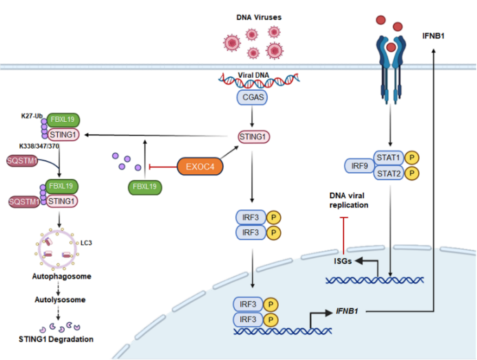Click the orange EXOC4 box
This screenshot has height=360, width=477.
(x=200, y=167)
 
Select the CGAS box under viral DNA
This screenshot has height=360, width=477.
(x=252, y=97)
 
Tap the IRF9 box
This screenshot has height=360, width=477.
(x=359, y=166)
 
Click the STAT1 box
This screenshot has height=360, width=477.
(x=388, y=158)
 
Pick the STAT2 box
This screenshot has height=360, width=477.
(x=388, y=173)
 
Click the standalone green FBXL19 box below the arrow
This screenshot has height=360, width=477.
(x=145, y=187)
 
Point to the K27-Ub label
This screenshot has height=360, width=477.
(x=32, y=116)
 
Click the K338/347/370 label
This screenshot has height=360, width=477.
(x=39, y=146)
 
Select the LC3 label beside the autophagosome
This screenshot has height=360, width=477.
(x=86, y=243)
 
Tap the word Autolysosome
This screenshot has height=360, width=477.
(x=60, y=299)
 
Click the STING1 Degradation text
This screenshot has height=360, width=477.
(x=56, y=339)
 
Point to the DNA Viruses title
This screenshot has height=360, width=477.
(x=259, y=17)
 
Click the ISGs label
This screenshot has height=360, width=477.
(x=343, y=261)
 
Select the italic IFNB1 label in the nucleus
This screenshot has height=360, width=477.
(x=347, y=311)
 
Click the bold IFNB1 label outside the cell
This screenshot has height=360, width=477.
(x=433, y=36)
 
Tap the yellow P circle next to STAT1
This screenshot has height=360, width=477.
(x=412, y=158)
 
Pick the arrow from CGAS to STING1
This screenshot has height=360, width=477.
(x=252, y=116)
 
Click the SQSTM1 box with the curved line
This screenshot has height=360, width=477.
(x=22, y=160)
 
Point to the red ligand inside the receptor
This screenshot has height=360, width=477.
(x=391, y=47)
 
